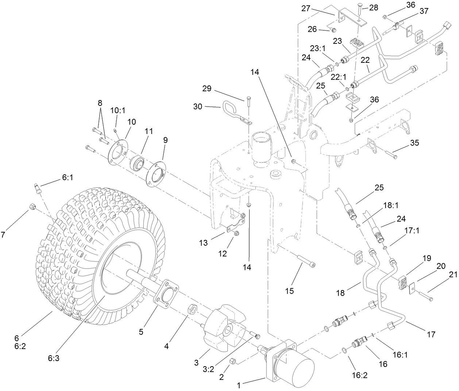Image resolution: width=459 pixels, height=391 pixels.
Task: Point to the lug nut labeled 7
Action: coord(32,208)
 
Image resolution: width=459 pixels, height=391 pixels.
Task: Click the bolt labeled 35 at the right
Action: coord(391,156)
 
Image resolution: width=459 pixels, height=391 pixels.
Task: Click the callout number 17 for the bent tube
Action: coord(431,334)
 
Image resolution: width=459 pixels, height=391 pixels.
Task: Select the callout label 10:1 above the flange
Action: coord(116,110)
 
